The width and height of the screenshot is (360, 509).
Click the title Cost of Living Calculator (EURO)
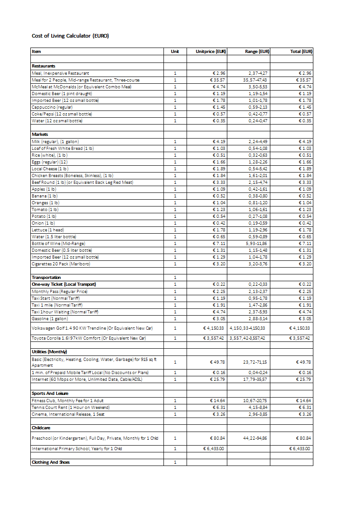coord(70,36)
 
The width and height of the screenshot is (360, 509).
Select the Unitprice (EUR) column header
coord(211,52)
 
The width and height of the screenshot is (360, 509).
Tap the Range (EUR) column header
coord(257,52)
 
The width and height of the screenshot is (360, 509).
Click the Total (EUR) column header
coord(301,52)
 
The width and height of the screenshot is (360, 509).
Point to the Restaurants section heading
coord(43,66)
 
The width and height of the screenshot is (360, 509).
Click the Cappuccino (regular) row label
coord(52,107)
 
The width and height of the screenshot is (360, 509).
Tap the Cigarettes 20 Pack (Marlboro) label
coord(61,264)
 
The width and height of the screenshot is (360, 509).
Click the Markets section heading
coord(40,134)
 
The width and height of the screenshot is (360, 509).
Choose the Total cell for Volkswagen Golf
coord(299,328)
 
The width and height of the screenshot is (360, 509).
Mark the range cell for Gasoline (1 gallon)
coord(258,319)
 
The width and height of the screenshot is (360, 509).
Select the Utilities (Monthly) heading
coord(49,352)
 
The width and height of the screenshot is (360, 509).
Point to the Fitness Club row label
coord(67,401)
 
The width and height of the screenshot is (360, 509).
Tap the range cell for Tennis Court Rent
coord(258,408)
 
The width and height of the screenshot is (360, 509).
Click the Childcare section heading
coord(41,428)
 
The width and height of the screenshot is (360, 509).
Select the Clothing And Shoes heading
coord(51,462)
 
